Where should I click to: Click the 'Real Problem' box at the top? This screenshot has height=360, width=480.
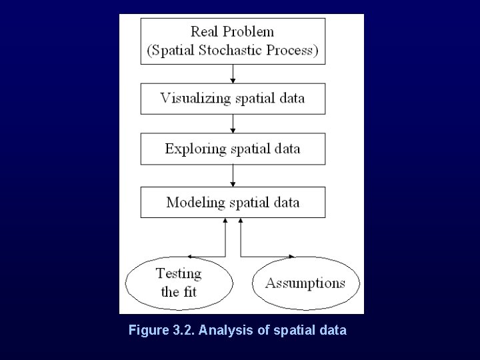[x=233, y=41]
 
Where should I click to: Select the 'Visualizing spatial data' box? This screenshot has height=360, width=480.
[x=233, y=99]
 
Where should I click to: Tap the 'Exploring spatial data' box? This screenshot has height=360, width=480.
[x=233, y=149]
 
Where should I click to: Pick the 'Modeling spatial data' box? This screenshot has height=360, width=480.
[x=233, y=202]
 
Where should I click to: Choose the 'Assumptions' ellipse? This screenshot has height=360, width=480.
[x=305, y=283]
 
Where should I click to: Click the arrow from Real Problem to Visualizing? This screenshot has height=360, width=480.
[x=233, y=73]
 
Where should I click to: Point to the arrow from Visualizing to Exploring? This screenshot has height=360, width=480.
[x=233, y=123]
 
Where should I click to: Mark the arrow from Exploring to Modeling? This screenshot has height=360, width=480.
[x=233, y=175]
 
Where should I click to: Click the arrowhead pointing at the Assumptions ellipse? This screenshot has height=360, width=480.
[x=292, y=256]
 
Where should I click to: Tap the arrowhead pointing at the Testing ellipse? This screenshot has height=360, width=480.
[x=191, y=256]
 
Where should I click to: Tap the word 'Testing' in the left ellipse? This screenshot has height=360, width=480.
[x=179, y=273]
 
